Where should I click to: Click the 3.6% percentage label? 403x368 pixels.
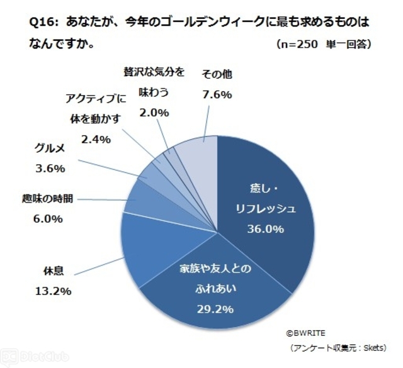48,169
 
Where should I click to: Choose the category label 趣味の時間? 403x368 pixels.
47,201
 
